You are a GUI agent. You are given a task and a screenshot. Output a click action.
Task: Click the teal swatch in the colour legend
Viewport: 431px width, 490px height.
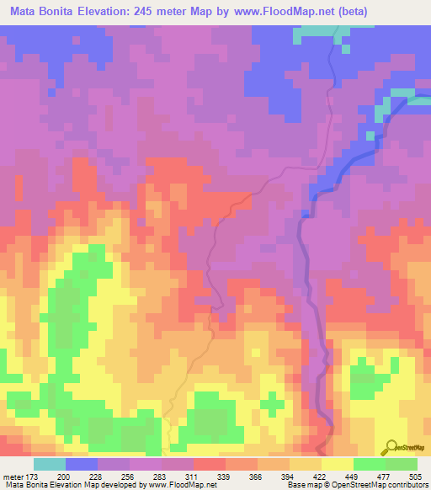50,464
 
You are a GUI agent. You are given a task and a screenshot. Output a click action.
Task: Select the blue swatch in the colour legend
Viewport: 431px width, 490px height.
82,464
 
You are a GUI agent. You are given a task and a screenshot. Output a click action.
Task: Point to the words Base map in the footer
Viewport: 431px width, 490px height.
301,485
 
